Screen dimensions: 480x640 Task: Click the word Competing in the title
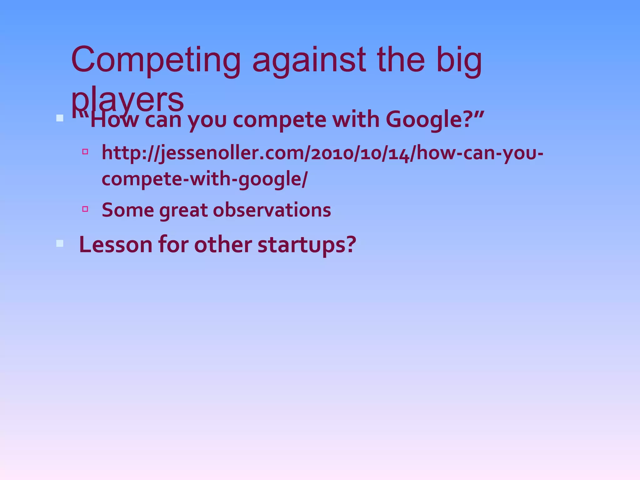click(x=156, y=60)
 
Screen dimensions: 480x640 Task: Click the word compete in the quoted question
click(x=279, y=121)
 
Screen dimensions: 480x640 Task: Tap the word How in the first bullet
click(x=114, y=120)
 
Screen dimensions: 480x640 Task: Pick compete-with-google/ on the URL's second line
click(x=205, y=179)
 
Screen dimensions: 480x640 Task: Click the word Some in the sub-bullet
click(x=128, y=210)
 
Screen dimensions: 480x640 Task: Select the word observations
click(x=272, y=210)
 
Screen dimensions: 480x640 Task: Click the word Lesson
click(x=116, y=244)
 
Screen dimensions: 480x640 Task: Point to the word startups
click(x=307, y=245)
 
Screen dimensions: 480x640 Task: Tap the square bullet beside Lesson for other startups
click(x=60, y=243)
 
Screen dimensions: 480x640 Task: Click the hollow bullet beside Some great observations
click(x=85, y=209)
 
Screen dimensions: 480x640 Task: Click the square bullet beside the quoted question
click(x=60, y=118)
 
